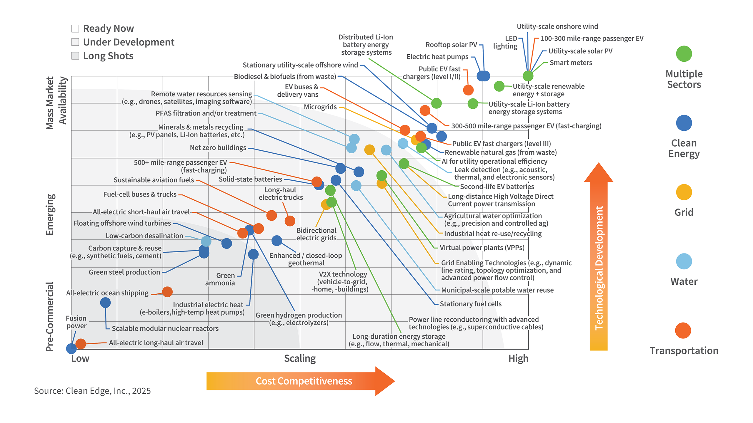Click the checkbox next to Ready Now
75,28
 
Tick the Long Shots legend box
75,56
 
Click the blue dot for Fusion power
71,349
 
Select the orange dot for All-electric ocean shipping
167,292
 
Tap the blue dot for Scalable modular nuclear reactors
105,303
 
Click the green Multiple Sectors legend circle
684,54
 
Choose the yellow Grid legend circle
684,192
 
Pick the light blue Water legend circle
684,261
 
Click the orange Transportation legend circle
683,330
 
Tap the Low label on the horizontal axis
80,358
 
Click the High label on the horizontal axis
518,358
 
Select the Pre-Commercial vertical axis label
50,317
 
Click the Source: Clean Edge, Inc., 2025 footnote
92,391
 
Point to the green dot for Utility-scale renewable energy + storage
499,86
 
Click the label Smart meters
571,63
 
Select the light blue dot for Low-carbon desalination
206,241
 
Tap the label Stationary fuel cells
471,304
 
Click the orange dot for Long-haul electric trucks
290,221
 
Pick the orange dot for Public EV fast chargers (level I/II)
468,90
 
